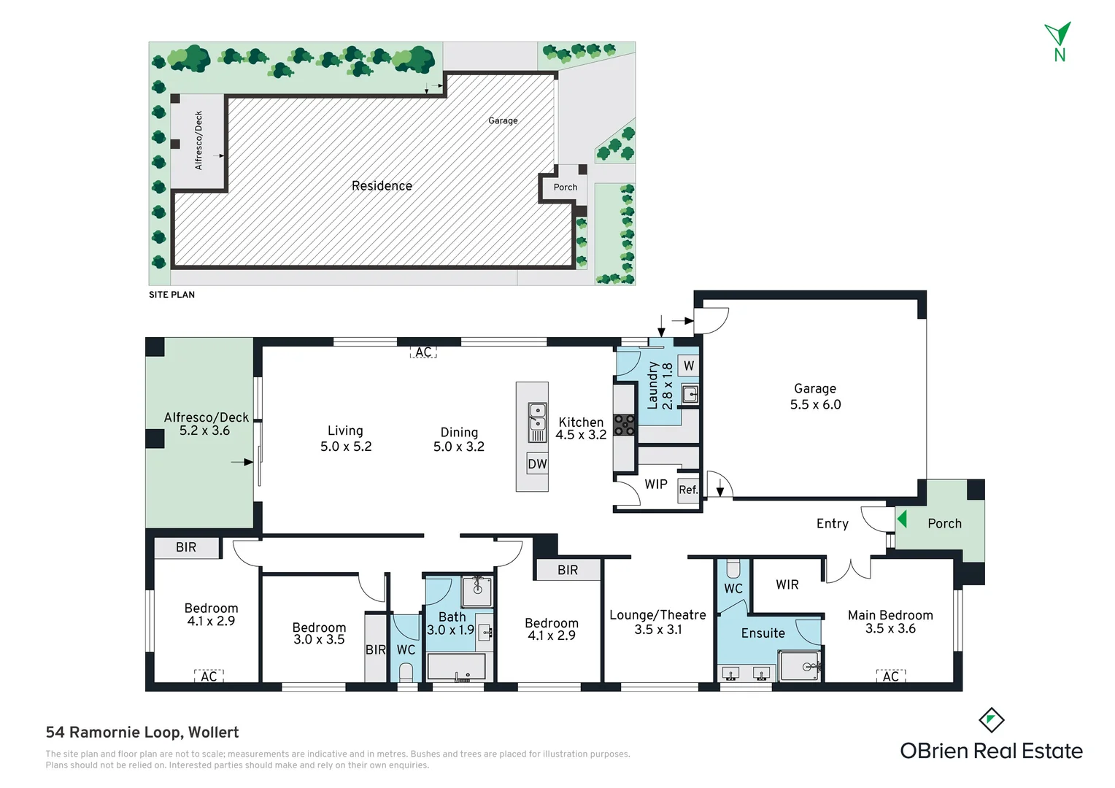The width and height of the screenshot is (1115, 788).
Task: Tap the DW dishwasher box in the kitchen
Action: point(537,464)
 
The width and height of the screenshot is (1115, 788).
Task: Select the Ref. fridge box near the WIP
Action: point(688,490)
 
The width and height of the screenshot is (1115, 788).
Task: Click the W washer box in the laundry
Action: point(688,366)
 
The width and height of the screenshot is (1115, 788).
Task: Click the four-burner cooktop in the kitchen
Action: point(624,425)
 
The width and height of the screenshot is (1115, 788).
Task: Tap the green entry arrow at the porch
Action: point(901,519)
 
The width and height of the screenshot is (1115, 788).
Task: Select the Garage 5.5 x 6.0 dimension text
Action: point(815,404)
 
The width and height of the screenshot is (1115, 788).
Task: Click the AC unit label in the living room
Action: point(423,352)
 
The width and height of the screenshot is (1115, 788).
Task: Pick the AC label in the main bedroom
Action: point(890,676)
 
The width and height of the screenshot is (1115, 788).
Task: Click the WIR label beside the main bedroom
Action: point(787,584)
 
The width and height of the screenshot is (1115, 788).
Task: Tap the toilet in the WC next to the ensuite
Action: point(733,568)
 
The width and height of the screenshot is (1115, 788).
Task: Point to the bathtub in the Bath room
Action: point(456,667)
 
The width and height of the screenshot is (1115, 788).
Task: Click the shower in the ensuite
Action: point(800,666)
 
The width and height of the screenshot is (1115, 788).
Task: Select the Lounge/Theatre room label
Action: point(657,615)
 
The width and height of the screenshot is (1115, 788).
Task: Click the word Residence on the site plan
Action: point(382,185)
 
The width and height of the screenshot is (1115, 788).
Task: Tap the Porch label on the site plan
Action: point(566,188)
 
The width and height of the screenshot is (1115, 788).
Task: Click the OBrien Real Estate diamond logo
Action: point(992,720)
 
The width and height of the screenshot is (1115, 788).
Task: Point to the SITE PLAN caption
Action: point(171,295)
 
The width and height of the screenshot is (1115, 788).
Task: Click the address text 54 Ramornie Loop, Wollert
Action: point(142,733)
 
